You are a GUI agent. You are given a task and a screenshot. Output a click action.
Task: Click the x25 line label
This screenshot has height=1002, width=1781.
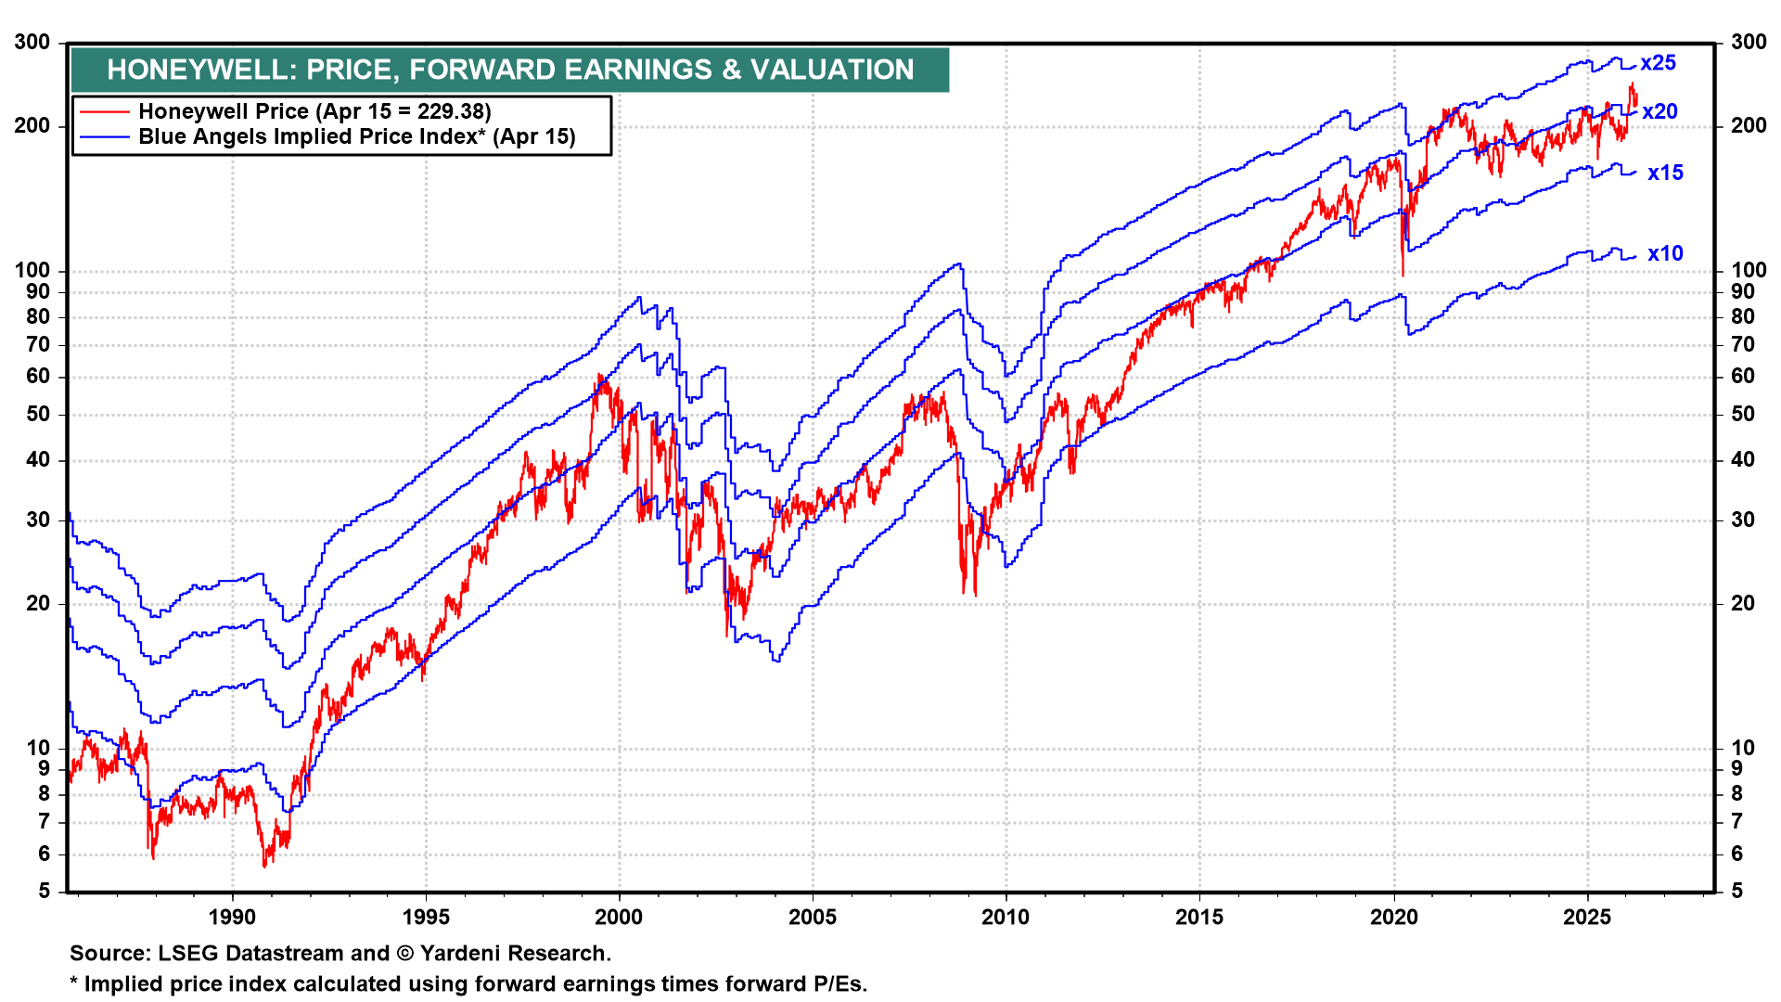point(1658,63)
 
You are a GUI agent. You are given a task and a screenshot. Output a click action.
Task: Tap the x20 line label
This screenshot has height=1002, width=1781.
point(1659,112)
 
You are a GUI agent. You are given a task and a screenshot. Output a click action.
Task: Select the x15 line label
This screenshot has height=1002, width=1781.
point(1665,173)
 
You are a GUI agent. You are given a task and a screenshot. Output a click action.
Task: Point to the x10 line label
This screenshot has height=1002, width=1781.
point(1665,253)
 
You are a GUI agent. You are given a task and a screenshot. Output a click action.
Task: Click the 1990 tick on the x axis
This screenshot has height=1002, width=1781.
point(232,917)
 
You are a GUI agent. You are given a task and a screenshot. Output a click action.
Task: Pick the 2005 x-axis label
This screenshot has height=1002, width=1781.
point(813,917)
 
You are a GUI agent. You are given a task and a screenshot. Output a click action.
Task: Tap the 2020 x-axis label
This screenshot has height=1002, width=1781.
point(1394,917)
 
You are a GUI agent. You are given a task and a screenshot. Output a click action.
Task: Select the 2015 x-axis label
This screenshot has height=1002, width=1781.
point(1199,917)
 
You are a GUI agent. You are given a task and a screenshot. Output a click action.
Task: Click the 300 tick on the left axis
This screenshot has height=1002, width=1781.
point(32,43)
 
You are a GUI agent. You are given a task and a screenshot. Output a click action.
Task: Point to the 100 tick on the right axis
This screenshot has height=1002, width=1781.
point(1749,271)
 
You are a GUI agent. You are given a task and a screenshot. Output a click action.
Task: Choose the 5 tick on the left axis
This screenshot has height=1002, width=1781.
point(45,892)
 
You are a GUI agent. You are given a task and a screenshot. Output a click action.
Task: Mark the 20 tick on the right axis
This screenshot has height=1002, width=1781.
point(1743,603)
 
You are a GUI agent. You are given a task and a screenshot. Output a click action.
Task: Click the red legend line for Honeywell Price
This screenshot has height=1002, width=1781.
point(104,112)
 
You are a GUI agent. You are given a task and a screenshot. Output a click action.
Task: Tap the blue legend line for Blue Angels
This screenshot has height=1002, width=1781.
point(104,137)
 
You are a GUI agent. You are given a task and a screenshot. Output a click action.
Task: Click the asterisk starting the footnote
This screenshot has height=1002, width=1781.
point(74,983)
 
